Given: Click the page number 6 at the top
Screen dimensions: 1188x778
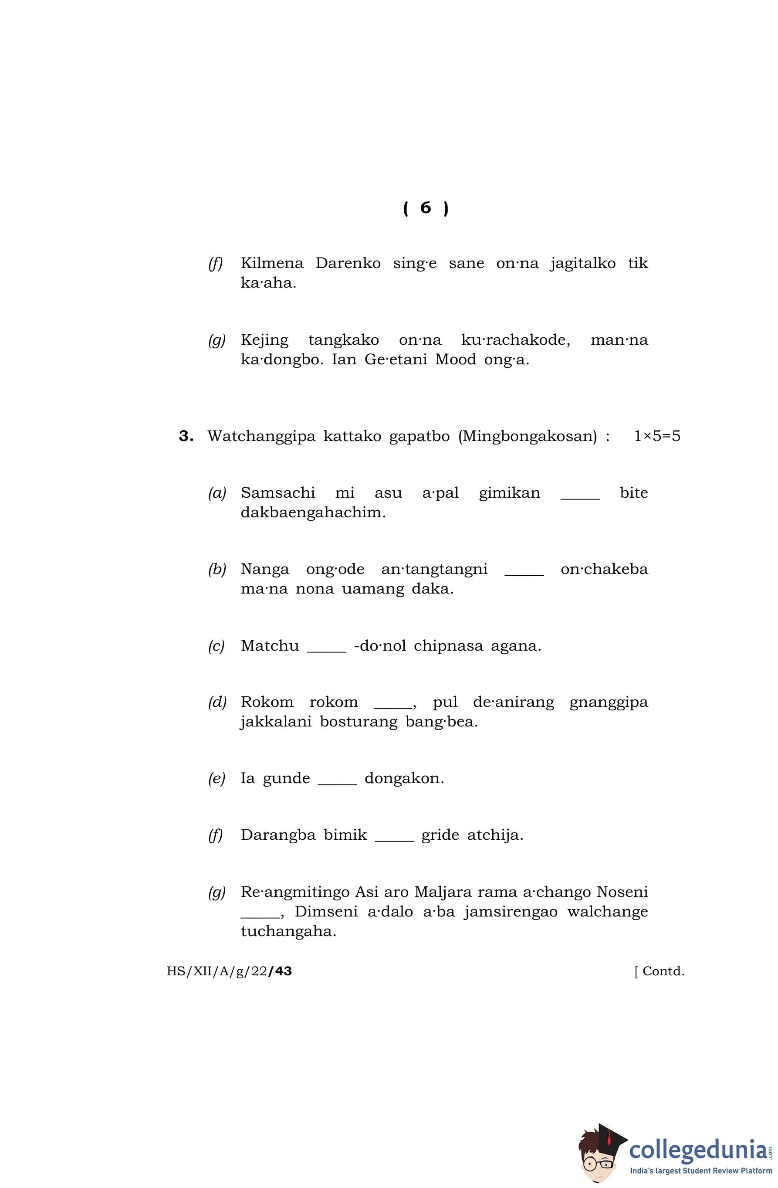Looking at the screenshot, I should (x=425, y=207).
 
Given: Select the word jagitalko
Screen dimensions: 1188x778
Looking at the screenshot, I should (x=582, y=264).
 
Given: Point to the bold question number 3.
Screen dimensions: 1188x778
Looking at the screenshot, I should (x=186, y=436).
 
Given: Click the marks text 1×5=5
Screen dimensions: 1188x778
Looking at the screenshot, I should (x=657, y=436).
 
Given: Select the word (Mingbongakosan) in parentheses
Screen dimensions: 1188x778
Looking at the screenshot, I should (x=527, y=437).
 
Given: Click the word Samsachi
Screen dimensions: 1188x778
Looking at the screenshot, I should (x=277, y=492).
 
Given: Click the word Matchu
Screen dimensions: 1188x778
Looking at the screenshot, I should (x=270, y=646).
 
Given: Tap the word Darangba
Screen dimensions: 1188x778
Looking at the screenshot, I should (x=278, y=835).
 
